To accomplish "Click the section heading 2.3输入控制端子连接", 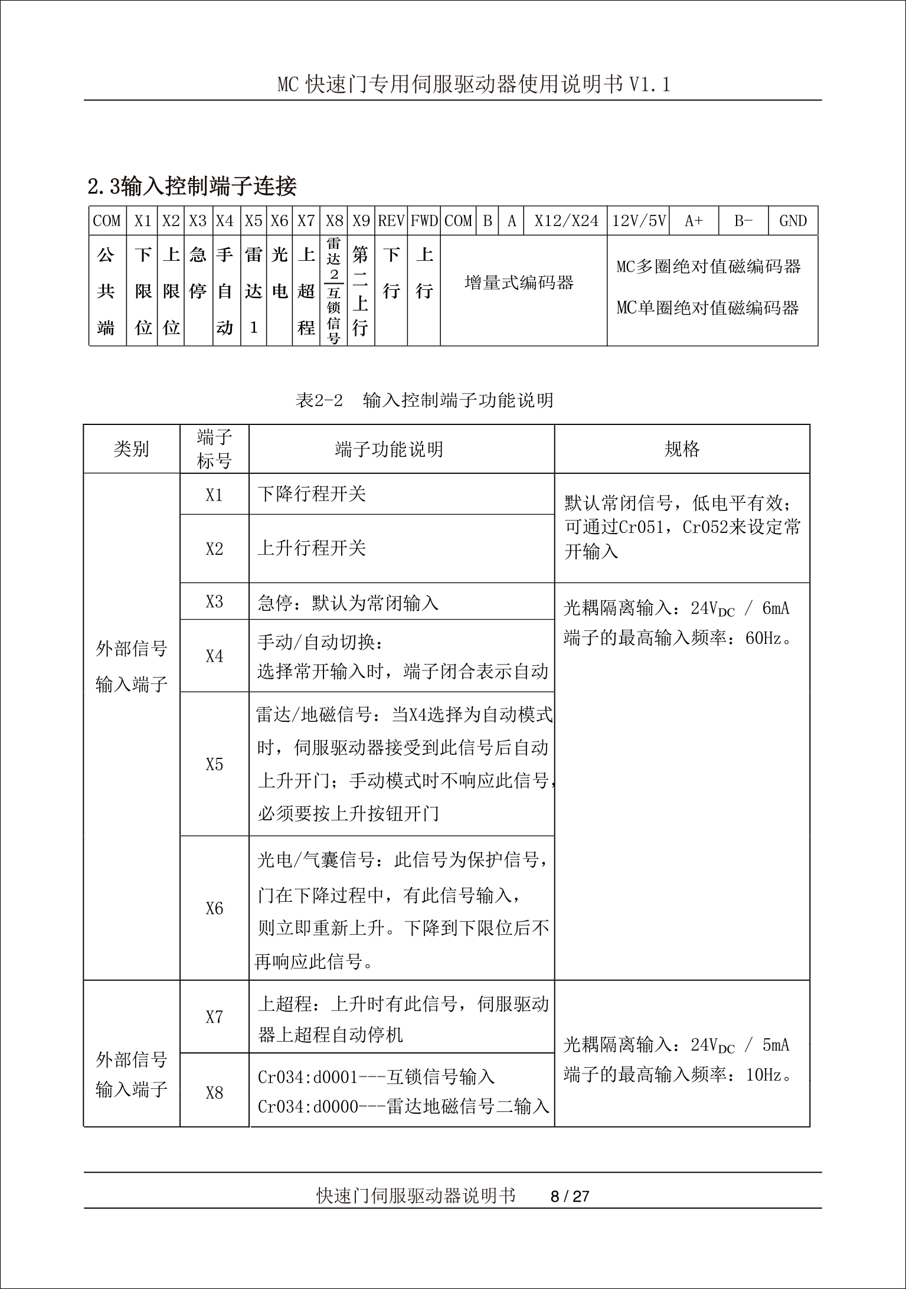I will (192, 187).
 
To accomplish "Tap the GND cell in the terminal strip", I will (793, 221).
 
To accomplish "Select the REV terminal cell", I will (391, 221).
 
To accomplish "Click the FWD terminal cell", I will (424, 221).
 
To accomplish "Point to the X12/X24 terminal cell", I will (566, 221).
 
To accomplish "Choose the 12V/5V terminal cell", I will (639, 221).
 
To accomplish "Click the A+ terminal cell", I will (694, 221).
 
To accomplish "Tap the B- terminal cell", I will (743, 221).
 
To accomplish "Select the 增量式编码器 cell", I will (519, 283).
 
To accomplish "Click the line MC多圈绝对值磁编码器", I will (708, 267).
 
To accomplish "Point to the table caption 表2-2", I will (319, 401).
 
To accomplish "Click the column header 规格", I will (682, 450).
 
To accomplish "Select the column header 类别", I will (131, 450).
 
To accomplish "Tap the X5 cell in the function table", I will (214, 765).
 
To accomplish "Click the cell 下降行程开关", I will (312, 494).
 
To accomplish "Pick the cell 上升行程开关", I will (312, 548).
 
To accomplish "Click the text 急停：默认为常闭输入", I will (348, 603).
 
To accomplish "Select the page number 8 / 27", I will (570, 1196).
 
